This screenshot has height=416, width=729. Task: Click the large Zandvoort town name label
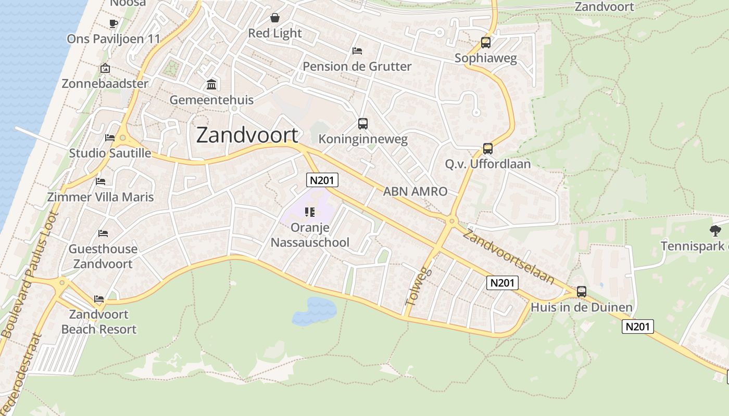pyautogui.click(x=247, y=135)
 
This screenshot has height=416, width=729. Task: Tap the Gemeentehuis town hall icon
pyautogui.click(x=212, y=84)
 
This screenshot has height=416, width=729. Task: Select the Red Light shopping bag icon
pyautogui.click(x=274, y=18)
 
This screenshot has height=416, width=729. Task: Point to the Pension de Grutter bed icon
pyautogui.click(x=357, y=51)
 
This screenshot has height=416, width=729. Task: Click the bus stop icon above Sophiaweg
pyautogui.click(x=486, y=43)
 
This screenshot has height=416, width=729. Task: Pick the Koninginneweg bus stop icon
pyautogui.click(x=363, y=124)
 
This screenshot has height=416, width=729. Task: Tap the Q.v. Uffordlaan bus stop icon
pyautogui.click(x=488, y=149)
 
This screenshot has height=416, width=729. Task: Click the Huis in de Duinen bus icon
pyautogui.click(x=582, y=292)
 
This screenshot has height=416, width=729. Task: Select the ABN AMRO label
pyautogui.click(x=415, y=191)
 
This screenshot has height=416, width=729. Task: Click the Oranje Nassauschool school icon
pyautogui.click(x=310, y=212)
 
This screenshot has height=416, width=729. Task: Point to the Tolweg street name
pyautogui.click(x=418, y=287)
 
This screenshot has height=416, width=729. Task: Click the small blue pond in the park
pyautogui.click(x=315, y=311)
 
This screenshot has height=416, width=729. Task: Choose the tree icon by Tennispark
pyautogui.click(x=715, y=230)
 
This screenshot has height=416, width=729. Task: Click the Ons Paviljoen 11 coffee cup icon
pyautogui.click(x=114, y=23)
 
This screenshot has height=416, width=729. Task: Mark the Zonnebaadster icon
pyautogui.click(x=105, y=68)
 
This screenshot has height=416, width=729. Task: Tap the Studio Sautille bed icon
pyautogui.click(x=110, y=138)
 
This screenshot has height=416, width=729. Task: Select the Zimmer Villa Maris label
pyautogui.click(x=100, y=197)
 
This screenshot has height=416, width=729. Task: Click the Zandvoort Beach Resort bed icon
pyautogui.click(x=99, y=299)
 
